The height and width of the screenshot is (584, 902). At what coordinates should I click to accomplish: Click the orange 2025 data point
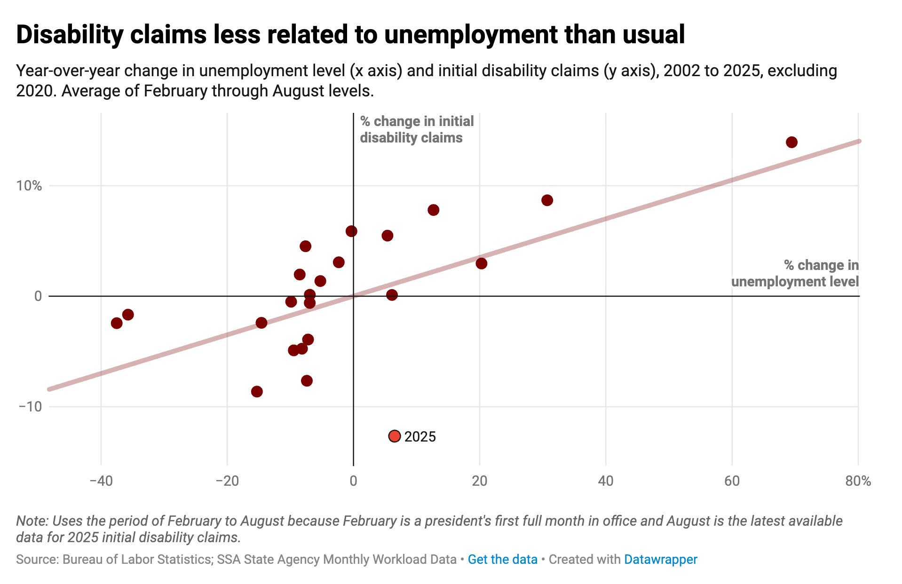[x=395, y=436]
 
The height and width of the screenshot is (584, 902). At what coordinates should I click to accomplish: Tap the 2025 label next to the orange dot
[x=420, y=437]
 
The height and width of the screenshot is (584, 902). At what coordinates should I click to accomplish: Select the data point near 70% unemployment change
[x=791, y=142]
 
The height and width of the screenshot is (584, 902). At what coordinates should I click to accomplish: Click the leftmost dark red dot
[x=117, y=323]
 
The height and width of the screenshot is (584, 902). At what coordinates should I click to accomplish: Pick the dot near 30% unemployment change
[x=547, y=200]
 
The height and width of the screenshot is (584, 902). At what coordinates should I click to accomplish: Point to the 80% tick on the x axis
[x=858, y=481]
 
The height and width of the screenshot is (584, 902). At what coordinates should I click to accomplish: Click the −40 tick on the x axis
[x=101, y=481]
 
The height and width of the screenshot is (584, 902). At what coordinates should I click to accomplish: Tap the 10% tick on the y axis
[x=29, y=186]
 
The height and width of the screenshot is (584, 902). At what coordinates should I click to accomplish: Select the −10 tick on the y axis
[x=30, y=406]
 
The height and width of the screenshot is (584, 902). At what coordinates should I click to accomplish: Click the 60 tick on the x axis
[x=732, y=481]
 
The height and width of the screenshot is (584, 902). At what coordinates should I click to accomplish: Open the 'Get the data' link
[x=502, y=559]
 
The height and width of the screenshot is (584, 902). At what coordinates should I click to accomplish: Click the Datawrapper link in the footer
[x=660, y=559]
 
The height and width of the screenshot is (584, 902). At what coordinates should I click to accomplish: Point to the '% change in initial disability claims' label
[x=417, y=129]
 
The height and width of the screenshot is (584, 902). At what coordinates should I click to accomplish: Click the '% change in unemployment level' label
[x=795, y=273]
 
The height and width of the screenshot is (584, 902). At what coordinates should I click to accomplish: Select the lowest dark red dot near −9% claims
[x=257, y=392]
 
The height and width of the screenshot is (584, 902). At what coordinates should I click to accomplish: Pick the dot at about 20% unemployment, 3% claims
[x=481, y=263]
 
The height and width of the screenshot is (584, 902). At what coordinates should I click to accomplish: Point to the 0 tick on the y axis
[x=38, y=296]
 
